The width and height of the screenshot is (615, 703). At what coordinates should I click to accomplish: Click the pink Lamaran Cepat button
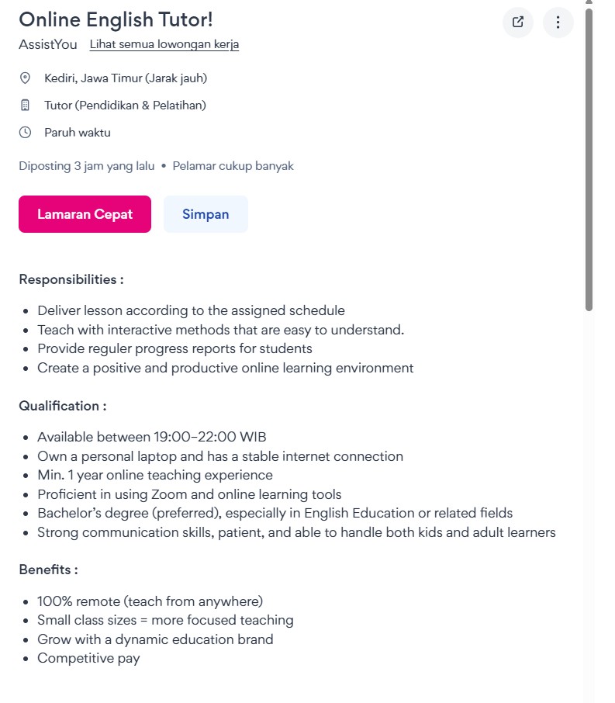85,214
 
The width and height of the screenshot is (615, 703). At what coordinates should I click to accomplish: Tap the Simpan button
206,214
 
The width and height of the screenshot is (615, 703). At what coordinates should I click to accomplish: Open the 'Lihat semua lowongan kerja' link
164,44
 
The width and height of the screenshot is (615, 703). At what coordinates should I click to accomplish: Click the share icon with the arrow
518,22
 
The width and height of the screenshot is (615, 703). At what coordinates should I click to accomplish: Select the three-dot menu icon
558,22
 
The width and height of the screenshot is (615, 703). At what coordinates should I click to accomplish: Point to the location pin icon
25,78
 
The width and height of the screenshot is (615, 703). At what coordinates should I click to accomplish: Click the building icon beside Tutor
25,106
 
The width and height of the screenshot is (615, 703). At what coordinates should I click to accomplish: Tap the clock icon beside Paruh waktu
25,133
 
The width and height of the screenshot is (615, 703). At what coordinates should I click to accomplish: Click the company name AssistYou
48,44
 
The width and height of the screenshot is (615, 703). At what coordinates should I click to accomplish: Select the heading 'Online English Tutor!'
116,19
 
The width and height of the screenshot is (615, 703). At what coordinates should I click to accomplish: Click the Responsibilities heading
71,279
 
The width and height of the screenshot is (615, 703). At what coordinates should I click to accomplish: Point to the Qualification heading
63,406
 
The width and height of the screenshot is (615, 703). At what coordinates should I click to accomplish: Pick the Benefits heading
48,570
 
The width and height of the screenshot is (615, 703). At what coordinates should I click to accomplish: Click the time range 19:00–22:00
199,437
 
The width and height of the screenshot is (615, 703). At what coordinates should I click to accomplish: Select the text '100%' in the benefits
54,601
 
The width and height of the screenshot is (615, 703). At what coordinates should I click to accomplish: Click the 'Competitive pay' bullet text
88,659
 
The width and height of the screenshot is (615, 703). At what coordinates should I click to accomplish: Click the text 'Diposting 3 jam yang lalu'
87,166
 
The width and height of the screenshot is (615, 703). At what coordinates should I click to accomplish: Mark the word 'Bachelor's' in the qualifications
68,513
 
